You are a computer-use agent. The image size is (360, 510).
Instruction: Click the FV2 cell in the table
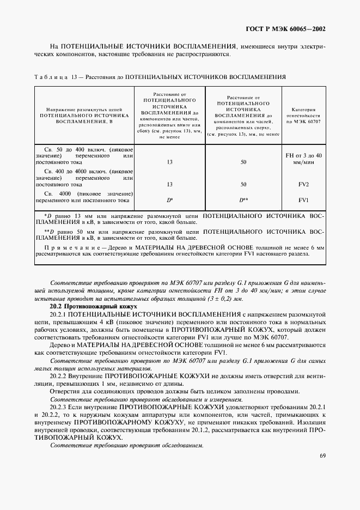pos(303,184)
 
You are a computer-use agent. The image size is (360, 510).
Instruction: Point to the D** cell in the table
pos(243,200)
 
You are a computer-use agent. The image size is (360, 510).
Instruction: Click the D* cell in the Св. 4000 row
pos(169,200)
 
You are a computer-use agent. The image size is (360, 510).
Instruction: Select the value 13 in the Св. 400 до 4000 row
pos(169,184)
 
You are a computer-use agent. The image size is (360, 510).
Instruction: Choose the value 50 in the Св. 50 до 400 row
pos(243,162)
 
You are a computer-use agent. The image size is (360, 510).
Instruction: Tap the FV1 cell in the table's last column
pos(303,200)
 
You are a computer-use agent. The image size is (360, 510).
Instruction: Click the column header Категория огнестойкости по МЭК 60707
pos(303,117)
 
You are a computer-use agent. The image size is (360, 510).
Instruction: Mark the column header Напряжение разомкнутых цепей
pos(84,110)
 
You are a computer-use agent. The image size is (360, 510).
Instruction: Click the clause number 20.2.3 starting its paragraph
pos(58,407)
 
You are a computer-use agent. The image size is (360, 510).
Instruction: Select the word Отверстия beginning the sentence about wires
pos(66,391)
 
